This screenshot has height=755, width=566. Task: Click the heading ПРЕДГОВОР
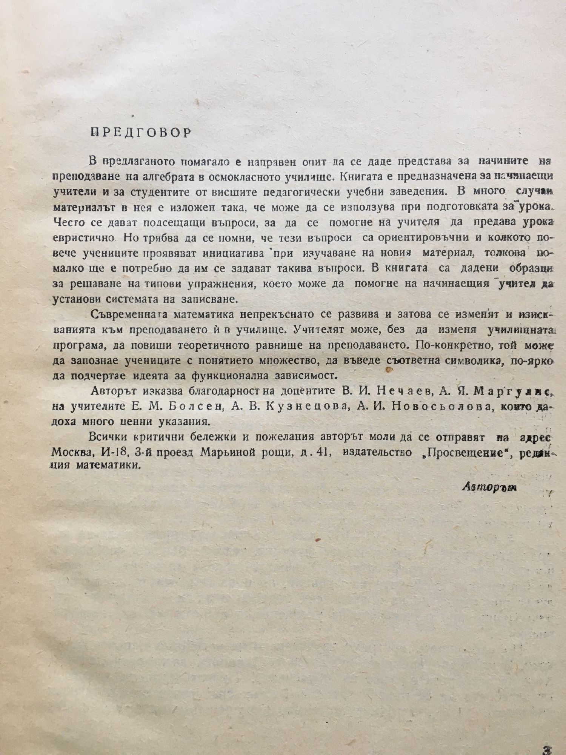pos(141,134)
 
